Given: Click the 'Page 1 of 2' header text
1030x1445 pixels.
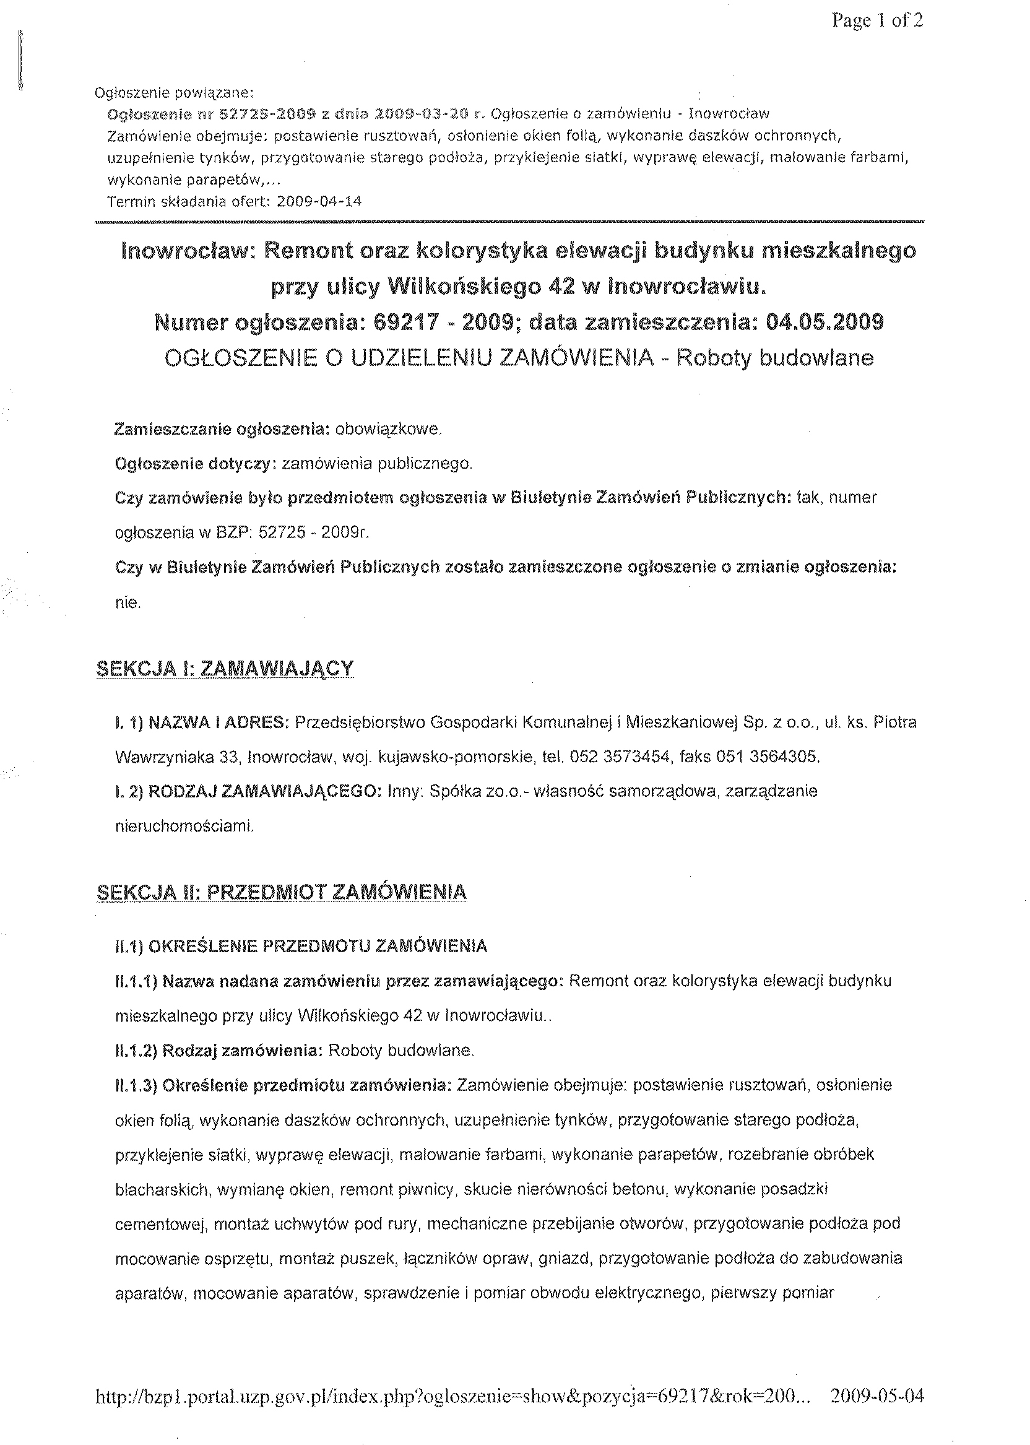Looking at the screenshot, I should [877, 21].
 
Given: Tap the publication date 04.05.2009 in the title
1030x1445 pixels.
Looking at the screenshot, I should [824, 323].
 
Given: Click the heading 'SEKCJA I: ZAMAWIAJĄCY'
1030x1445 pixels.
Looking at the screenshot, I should [225, 669].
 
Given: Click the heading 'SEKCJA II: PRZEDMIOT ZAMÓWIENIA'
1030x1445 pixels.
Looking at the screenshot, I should [282, 893].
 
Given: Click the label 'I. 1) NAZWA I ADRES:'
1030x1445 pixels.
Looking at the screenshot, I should [202, 722].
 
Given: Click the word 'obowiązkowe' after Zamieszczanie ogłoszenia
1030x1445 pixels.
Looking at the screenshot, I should [387, 430].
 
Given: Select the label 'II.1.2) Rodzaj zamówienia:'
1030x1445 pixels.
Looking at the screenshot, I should [219, 1051].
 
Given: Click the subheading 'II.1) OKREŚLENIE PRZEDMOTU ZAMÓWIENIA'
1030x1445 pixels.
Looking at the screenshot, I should [301, 947].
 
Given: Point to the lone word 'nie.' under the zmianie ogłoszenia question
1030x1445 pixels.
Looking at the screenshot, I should [128, 602].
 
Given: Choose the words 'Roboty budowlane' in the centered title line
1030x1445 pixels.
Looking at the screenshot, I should [774, 358].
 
